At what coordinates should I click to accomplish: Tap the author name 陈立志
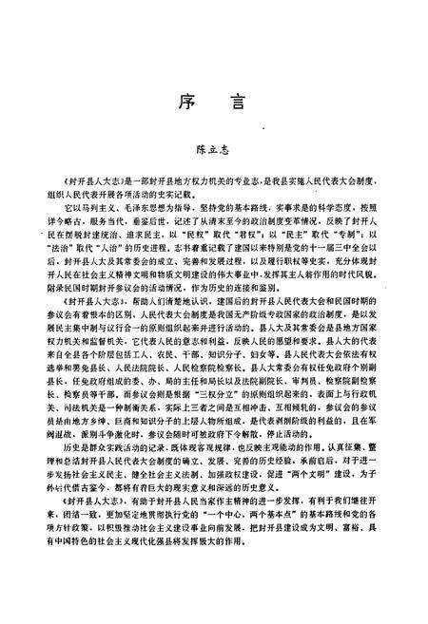(213, 149)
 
